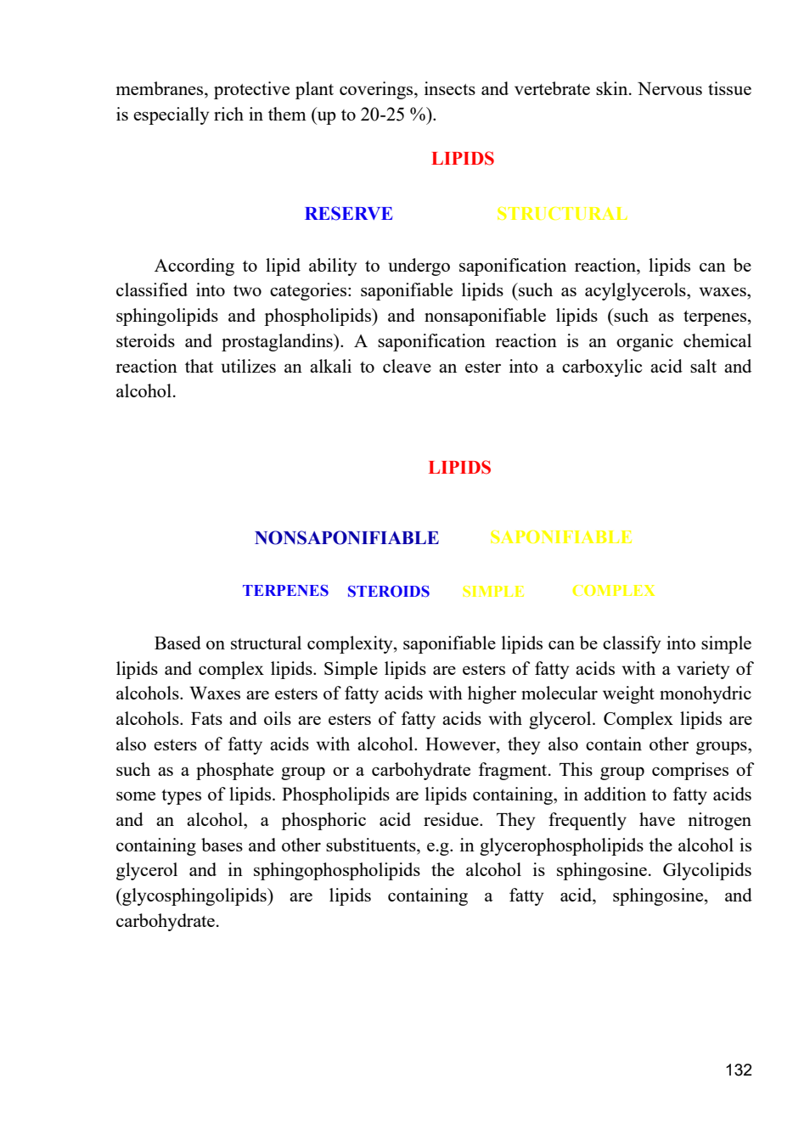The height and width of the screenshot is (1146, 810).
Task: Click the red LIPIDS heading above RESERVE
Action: coord(463,159)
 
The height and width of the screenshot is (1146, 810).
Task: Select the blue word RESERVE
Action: coord(348,214)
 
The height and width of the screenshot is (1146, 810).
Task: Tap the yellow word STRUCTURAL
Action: coord(562,214)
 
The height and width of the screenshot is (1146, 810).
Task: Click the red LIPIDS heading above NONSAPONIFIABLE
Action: coord(459,468)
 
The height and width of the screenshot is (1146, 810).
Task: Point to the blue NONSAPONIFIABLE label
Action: coord(347,537)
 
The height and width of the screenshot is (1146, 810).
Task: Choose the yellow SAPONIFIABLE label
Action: coord(561,537)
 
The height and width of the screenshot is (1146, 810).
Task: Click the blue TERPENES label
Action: coord(285,591)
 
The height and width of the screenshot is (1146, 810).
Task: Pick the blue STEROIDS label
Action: coord(388,592)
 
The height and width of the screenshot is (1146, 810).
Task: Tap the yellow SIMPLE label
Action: coord(492,592)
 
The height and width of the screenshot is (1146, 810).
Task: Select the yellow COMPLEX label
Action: coord(613,591)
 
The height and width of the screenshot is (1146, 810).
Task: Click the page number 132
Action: coord(739,1070)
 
